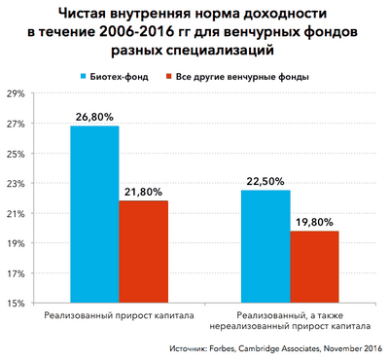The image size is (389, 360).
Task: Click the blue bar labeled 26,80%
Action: point(94,214)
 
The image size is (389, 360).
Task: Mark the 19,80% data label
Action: point(313,222)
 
